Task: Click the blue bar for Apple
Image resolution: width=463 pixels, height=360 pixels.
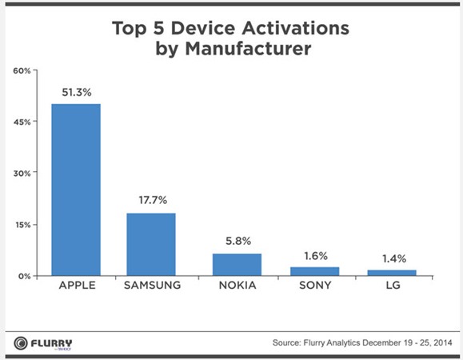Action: [76, 190]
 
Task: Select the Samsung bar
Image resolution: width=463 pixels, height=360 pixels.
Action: [151, 244]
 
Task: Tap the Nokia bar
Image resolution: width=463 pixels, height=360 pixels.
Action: [237, 265]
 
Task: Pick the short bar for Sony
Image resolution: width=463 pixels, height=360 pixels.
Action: [315, 271]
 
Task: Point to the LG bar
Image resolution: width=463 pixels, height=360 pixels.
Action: [392, 273]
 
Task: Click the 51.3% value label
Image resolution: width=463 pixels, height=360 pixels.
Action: [77, 93]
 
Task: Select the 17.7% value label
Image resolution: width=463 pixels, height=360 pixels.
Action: [153, 200]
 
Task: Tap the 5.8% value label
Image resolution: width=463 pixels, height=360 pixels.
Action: [238, 241]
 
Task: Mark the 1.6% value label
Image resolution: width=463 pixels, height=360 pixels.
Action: [316, 256]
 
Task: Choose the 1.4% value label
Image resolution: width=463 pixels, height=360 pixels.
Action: [394, 259]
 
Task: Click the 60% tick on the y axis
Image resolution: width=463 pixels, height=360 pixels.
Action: [22, 71]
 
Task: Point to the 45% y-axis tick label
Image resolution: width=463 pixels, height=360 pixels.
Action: [22, 122]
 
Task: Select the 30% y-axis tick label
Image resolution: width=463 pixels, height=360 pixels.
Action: [22, 174]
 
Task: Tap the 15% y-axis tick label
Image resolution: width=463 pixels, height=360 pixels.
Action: [22, 225]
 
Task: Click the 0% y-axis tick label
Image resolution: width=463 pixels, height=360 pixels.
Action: [24, 277]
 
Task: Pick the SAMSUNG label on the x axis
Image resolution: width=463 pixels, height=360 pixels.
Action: [153, 286]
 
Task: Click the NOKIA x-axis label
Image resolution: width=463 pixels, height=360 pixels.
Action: [237, 286]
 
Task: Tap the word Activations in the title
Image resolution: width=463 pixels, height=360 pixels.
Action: [296, 28]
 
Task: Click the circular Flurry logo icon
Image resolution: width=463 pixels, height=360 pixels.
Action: [21, 343]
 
